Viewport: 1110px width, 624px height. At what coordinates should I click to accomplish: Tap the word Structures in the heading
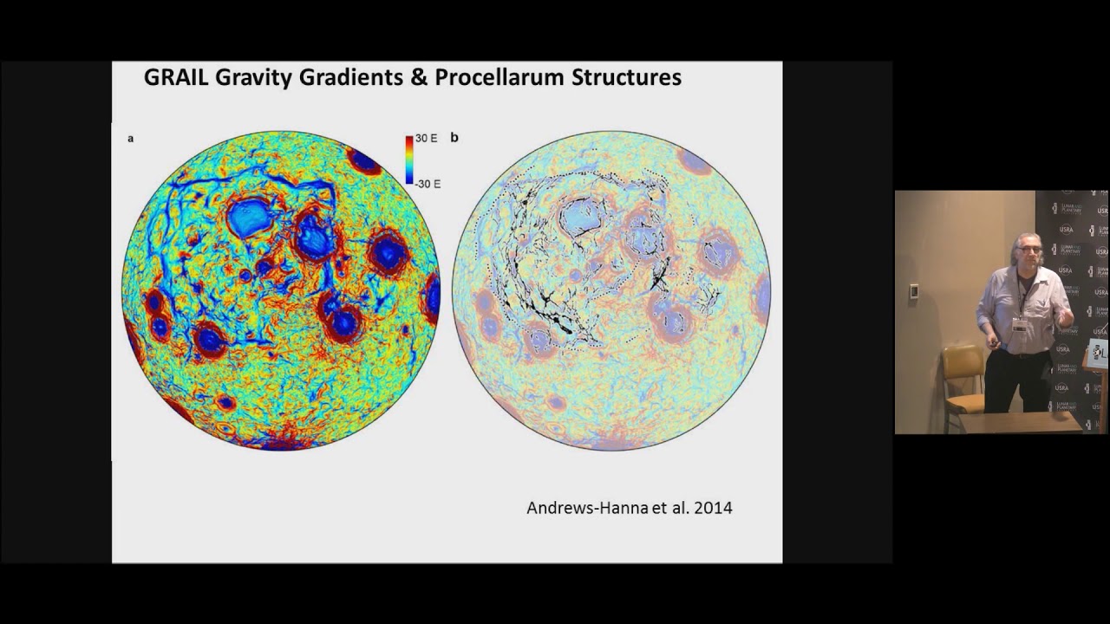pyautogui.click(x=626, y=78)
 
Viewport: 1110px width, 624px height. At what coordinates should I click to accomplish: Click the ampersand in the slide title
pyautogui.click(x=420, y=78)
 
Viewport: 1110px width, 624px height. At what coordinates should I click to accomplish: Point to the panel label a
pyautogui.click(x=131, y=139)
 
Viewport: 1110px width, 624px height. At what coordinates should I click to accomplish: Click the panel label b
pyautogui.click(x=454, y=138)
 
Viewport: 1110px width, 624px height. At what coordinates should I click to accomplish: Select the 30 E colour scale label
pyautogui.click(x=426, y=139)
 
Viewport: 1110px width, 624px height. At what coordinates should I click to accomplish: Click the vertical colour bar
pyautogui.click(x=408, y=160)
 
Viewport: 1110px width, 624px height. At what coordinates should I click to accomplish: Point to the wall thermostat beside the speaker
pyautogui.click(x=913, y=291)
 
